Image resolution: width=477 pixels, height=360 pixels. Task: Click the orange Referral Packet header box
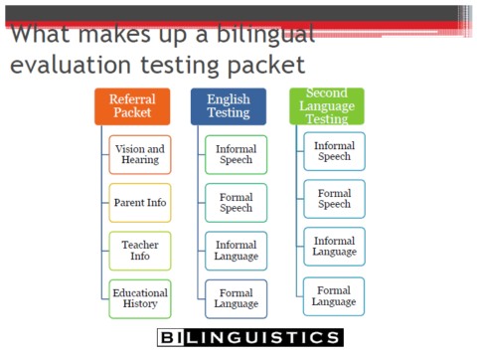[x=132, y=106]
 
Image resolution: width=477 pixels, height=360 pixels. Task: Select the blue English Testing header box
[x=229, y=106]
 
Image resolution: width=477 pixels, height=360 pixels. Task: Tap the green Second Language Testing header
[x=327, y=105]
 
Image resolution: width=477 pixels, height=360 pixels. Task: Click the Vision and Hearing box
[x=140, y=155]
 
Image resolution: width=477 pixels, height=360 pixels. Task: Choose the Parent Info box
[x=140, y=203]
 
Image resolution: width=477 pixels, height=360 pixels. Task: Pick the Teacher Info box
[x=140, y=251]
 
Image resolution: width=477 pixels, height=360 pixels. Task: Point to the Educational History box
[x=140, y=298]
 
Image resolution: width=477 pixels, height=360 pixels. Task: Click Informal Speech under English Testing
[x=236, y=155]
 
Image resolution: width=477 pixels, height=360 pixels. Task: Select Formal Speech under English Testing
[x=236, y=203]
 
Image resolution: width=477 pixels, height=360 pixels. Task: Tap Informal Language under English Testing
[x=236, y=251]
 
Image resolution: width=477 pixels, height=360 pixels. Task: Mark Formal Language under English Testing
[x=236, y=298]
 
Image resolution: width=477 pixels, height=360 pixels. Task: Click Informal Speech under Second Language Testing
[x=334, y=151]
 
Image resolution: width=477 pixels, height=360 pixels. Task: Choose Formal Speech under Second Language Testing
[x=334, y=199]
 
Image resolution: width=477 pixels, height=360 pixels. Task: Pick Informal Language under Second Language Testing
[x=334, y=246]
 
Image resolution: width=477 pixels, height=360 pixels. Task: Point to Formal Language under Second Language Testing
[x=334, y=295]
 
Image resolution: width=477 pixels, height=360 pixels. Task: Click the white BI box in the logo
[x=171, y=338]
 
